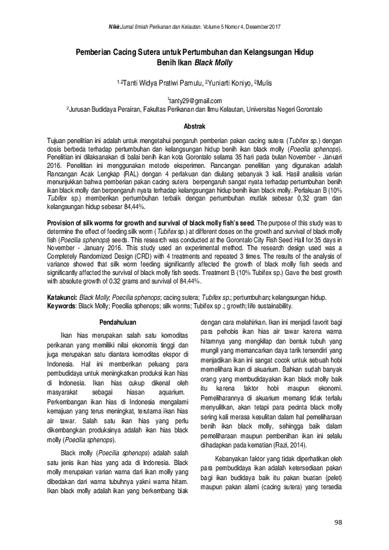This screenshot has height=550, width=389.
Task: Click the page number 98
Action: pos(338,522)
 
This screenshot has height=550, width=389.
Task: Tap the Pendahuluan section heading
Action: pos(117,321)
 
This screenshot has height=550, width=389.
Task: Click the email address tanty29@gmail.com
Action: pos(195,101)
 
